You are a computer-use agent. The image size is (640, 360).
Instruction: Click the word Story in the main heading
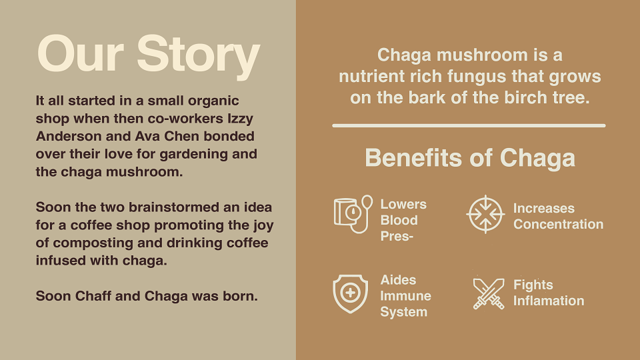(x=198, y=55)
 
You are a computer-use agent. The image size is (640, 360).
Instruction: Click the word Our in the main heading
(x=81, y=53)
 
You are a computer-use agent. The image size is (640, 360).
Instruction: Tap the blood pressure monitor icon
(x=353, y=214)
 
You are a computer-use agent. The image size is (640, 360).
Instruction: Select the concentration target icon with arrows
(x=485, y=214)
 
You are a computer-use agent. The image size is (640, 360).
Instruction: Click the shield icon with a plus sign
(x=350, y=294)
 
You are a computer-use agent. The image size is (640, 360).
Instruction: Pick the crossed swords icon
(x=489, y=294)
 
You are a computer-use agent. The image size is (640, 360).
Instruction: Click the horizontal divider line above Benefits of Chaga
(x=469, y=126)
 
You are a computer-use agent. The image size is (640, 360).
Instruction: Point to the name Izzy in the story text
(x=241, y=119)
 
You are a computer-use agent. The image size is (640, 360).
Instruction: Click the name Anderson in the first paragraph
(x=69, y=136)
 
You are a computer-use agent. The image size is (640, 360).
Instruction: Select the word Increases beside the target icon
(x=544, y=208)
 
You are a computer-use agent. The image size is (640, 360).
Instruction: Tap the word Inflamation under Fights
(x=549, y=301)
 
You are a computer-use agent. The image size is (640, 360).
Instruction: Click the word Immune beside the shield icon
(x=405, y=295)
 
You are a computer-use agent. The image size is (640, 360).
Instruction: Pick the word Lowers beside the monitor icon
(x=403, y=204)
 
